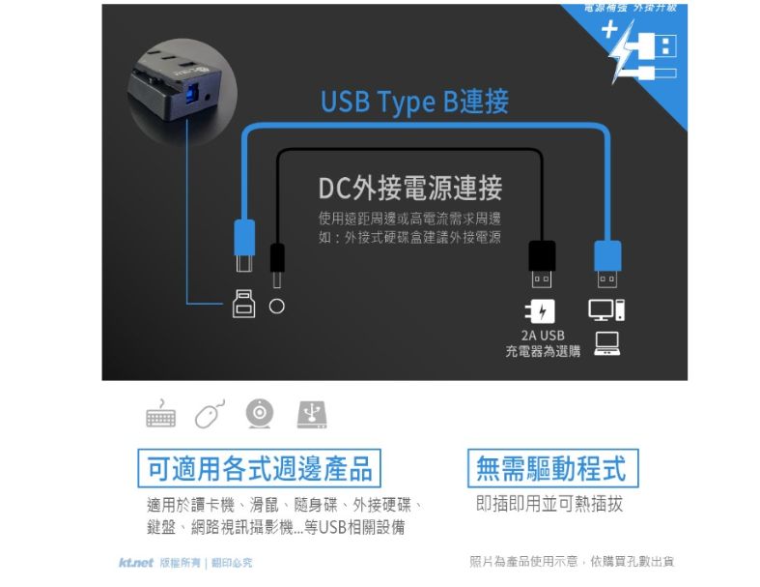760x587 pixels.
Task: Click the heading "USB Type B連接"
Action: [x=414, y=102]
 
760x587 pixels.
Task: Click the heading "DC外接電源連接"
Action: [x=409, y=189]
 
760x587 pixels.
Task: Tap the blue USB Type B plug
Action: [x=244, y=248]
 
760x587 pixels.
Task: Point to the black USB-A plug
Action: [x=542, y=262]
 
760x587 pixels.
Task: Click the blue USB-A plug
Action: [x=607, y=262]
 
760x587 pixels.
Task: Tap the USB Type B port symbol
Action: [x=243, y=306]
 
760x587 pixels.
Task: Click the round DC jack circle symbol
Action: [x=277, y=306]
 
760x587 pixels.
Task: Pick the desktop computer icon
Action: [x=607, y=310]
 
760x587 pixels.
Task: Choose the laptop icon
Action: [x=607, y=341]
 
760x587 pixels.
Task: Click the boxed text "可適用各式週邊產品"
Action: [x=259, y=470]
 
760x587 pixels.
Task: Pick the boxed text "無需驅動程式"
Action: [x=550, y=469]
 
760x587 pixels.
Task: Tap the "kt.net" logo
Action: [x=136, y=562]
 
